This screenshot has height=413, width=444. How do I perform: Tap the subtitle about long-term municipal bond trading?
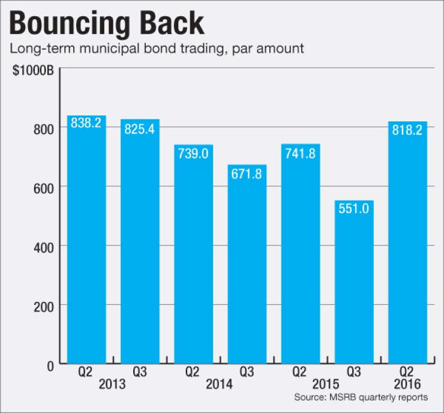click(157, 48)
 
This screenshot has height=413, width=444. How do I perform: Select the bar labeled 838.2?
click(86, 240)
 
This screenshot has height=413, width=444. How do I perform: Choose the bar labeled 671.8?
click(247, 264)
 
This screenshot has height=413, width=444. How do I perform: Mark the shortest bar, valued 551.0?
click(354, 282)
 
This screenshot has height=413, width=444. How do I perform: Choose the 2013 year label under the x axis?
click(113, 384)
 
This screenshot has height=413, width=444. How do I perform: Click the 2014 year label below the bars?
click(220, 384)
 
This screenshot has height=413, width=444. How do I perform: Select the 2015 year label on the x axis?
click(327, 384)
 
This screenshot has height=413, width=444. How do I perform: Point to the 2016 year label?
click(407, 384)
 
